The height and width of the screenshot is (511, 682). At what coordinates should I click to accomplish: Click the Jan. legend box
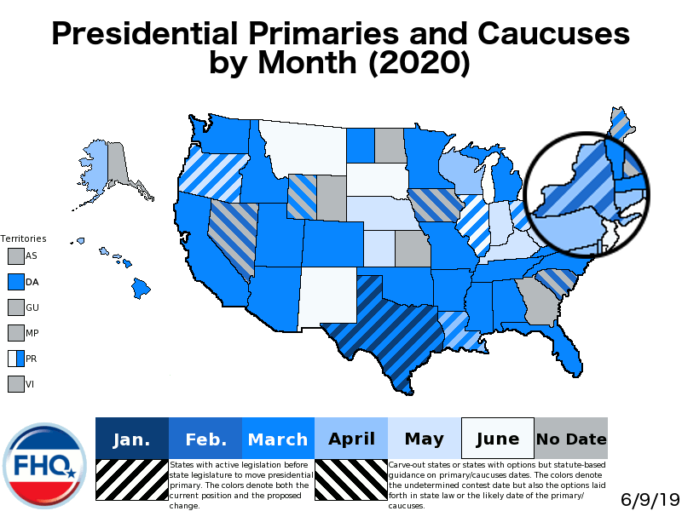(x=132, y=439)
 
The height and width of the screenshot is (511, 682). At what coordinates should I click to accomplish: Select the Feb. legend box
(x=205, y=439)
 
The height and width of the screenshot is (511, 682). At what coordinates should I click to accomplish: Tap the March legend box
(x=278, y=439)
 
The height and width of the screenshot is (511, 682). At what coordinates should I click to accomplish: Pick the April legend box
(x=351, y=439)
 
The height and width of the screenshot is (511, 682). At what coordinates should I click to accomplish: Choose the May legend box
(x=425, y=439)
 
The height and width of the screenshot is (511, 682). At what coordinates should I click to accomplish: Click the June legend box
(x=498, y=439)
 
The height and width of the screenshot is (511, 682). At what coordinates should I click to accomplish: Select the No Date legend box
(x=571, y=439)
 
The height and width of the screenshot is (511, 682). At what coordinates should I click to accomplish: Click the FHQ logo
(x=45, y=465)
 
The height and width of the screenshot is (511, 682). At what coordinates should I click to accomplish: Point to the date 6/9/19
(x=647, y=497)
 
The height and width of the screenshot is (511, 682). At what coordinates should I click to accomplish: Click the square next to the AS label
(x=15, y=255)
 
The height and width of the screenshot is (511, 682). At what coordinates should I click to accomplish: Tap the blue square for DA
(x=15, y=281)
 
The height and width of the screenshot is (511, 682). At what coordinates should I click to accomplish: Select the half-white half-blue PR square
(x=15, y=359)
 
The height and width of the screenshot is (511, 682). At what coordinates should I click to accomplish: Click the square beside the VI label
(x=15, y=384)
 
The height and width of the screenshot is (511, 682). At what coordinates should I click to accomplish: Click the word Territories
(x=23, y=239)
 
